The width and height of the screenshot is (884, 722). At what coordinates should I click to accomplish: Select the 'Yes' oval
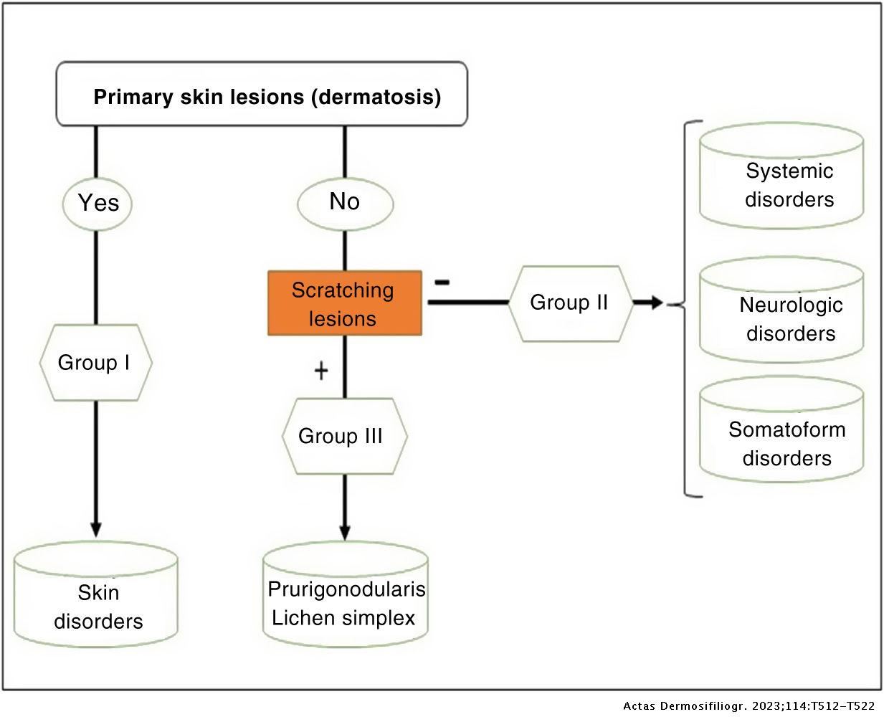pos(98,203)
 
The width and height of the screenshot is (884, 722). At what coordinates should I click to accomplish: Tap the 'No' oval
pos(345,202)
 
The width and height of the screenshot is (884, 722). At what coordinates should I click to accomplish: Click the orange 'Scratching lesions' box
pos(345,303)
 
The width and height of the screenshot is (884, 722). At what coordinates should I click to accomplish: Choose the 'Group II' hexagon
pos(570,303)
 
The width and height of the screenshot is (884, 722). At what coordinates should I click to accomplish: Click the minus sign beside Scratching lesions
pos(442,281)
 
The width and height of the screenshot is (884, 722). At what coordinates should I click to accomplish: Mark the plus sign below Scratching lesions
pos(321,371)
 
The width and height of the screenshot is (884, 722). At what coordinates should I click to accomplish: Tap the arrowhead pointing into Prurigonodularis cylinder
pos(345,532)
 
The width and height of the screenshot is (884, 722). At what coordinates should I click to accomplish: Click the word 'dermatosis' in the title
pos(376,96)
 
